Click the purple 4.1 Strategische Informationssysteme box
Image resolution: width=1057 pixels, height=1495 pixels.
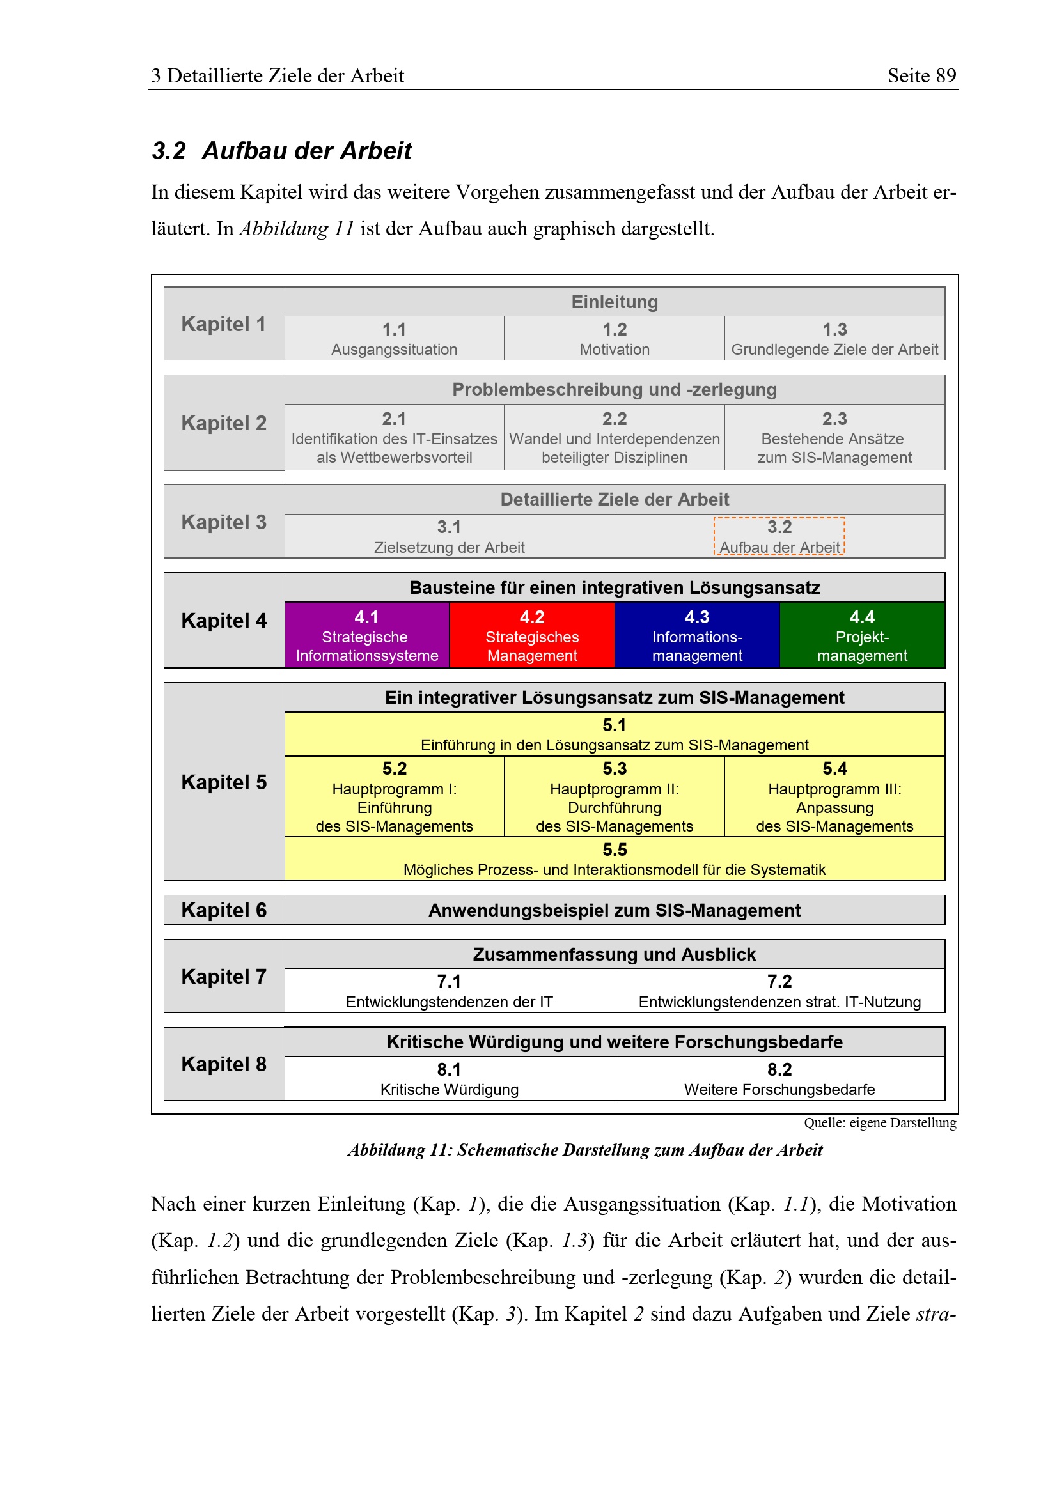[366, 635]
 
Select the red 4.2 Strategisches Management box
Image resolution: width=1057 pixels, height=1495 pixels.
[531, 635]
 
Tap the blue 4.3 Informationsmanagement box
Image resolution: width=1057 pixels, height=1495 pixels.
[697, 635]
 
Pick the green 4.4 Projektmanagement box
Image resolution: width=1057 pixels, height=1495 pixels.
[861, 635]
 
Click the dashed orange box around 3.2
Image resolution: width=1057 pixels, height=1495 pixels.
[779, 536]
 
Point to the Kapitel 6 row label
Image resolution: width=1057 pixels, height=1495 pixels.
[223, 910]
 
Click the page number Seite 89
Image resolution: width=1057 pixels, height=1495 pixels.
[921, 75]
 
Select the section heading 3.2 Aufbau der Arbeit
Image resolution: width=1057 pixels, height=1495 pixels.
[281, 150]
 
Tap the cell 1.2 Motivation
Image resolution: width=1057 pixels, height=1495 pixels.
[614, 338]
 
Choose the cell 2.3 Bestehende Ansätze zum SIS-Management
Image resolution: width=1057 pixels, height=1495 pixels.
[834, 437]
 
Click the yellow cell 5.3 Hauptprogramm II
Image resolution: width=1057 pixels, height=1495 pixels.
[614, 796]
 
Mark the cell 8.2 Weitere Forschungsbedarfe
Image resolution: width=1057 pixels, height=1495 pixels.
[779, 1078]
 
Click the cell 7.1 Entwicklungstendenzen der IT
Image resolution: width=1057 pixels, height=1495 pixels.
[449, 990]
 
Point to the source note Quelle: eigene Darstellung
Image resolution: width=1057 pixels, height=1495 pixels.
[879, 1122]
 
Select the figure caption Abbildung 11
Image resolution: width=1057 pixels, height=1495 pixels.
[585, 1150]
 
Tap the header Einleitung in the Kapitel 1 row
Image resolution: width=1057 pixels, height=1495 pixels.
[614, 302]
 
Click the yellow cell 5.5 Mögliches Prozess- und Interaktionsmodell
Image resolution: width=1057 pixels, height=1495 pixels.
[614, 859]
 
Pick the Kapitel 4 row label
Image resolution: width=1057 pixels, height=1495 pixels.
[223, 620]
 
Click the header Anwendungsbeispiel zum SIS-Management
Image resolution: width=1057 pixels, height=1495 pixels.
[614, 910]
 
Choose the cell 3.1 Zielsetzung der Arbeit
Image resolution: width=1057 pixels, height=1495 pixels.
[449, 536]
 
